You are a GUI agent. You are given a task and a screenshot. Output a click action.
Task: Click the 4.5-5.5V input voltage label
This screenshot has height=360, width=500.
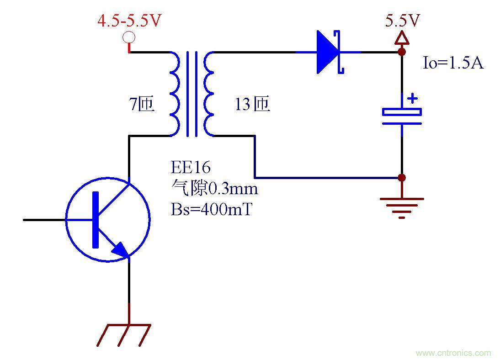pyautogui.click(x=129, y=21)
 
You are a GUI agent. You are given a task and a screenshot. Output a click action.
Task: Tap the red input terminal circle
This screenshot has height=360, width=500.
pyautogui.click(x=129, y=37)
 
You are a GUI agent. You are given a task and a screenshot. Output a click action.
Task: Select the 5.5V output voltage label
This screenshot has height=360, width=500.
pyautogui.click(x=402, y=21)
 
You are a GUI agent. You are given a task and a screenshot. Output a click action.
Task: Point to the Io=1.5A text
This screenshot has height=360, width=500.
pyautogui.click(x=452, y=63)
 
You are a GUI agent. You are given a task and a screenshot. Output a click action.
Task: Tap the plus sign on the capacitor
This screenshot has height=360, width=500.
pyautogui.click(x=413, y=98)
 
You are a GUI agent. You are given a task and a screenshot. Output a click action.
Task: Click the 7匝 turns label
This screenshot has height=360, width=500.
pyautogui.click(x=142, y=105)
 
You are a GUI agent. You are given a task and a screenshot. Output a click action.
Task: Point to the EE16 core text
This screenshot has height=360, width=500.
pyautogui.click(x=191, y=168)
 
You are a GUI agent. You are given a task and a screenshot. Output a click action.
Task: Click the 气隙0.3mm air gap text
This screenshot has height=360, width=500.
pyautogui.click(x=214, y=188)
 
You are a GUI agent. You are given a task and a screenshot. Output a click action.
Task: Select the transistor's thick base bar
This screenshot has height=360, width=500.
pyautogui.click(x=96, y=220)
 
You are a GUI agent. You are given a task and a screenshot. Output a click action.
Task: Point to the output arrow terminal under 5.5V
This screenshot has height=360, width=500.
pyautogui.click(x=402, y=38)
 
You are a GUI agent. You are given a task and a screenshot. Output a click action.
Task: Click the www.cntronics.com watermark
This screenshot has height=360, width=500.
pyautogui.click(x=453, y=353)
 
